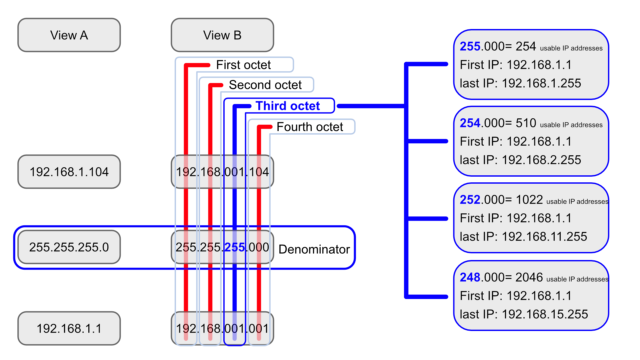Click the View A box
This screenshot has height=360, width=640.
pos(69,35)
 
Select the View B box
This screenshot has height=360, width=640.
pos(222,35)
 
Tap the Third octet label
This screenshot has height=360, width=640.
pos(288,106)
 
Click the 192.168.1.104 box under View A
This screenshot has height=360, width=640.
pos(69,172)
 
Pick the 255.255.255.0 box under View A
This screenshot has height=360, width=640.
pos(69,247)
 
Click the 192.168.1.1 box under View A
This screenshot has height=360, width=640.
pos(69,328)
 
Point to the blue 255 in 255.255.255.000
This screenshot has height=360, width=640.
pos(235,247)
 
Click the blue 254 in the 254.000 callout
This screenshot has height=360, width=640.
pos(470,123)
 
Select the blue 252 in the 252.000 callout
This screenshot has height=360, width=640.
pos(470,200)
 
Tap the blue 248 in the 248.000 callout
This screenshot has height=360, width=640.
pos(470,277)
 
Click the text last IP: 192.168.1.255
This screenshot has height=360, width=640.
pos(520,83)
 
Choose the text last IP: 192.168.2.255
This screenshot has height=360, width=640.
pos(520,160)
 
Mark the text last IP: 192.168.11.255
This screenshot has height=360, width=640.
pos(523,237)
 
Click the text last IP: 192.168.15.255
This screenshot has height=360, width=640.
pos(523,314)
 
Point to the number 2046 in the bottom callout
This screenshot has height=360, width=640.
pos(529,277)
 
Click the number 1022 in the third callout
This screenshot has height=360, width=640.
pos(529,200)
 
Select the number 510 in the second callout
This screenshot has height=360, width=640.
pos(526,123)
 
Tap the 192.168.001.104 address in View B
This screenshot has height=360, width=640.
pos(222,172)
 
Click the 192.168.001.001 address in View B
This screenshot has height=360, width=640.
pos(222,328)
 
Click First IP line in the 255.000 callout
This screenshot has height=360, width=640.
pos(516,65)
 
